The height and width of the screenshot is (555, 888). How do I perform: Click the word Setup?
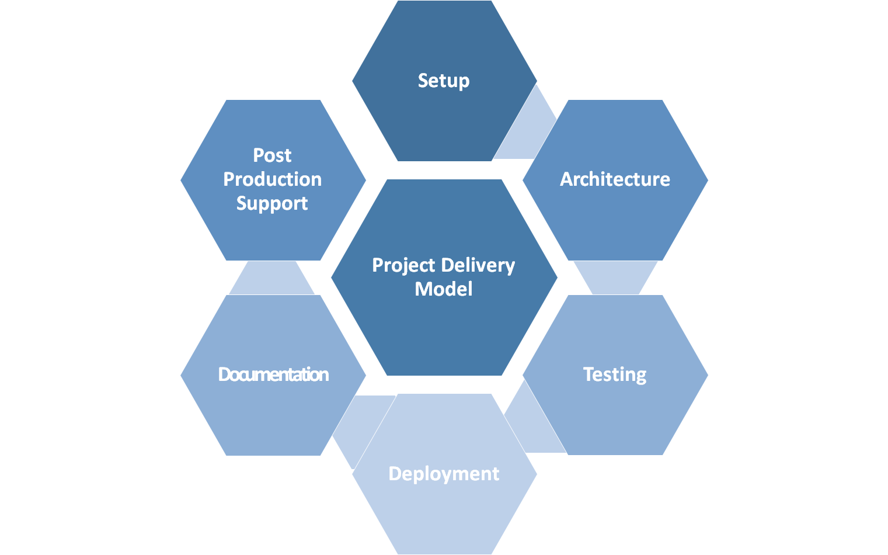click(444, 81)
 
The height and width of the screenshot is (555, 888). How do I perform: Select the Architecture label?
click(615, 179)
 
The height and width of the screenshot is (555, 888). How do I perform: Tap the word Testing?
click(615, 374)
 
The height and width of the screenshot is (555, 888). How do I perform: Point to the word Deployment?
click(444, 474)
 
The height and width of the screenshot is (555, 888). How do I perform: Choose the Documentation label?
click(273, 374)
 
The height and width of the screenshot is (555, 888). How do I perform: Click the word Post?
click(272, 155)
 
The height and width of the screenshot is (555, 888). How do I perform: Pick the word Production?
click(272, 179)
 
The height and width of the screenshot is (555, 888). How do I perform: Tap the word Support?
click(272, 203)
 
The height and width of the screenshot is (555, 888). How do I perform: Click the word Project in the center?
click(403, 266)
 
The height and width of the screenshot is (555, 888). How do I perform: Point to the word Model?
click(444, 289)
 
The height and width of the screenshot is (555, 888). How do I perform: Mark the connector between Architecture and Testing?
click(615, 277)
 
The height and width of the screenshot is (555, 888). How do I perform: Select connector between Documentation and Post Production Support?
click(272, 278)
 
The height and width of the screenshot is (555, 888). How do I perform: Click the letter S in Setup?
click(423, 81)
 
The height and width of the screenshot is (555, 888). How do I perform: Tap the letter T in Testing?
click(588, 374)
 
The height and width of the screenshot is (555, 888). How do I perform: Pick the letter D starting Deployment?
click(395, 474)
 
